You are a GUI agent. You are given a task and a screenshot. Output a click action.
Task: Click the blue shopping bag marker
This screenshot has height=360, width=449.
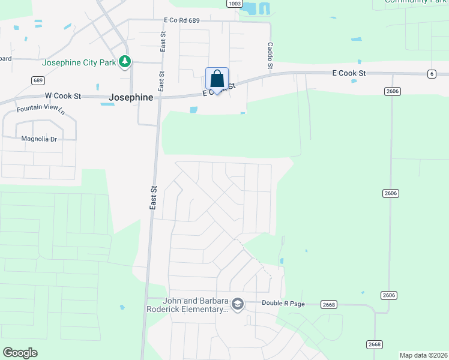click(x=217, y=79)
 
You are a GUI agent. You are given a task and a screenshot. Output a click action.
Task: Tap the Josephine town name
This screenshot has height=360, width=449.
click(x=131, y=97)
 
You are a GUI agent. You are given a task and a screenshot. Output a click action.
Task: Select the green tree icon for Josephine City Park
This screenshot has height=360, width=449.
click(x=125, y=61)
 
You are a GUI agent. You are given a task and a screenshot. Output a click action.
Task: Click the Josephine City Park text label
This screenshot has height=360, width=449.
click(x=79, y=62)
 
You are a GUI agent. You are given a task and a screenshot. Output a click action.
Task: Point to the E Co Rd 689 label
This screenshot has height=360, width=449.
click(x=181, y=20)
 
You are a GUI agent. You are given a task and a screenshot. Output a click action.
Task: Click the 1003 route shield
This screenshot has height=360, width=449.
click(x=235, y=4)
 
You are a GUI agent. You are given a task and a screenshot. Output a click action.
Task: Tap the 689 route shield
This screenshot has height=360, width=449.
click(x=38, y=80)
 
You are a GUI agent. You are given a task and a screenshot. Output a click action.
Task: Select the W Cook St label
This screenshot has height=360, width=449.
click(x=62, y=96)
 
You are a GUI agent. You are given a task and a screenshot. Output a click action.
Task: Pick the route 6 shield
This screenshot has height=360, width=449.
click(x=431, y=74)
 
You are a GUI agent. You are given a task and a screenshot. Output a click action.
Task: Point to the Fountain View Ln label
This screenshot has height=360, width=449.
click(x=40, y=110)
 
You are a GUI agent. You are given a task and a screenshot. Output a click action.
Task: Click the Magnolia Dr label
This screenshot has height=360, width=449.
click(x=38, y=139)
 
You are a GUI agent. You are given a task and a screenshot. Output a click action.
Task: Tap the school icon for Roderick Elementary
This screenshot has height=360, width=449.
click(x=238, y=304)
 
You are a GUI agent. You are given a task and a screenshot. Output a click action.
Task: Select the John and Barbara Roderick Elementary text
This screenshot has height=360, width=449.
click(x=188, y=305)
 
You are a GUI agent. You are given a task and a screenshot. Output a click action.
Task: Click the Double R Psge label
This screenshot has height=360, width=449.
click(x=283, y=304)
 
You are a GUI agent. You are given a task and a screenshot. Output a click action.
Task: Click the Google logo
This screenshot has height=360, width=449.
click(x=20, y=353)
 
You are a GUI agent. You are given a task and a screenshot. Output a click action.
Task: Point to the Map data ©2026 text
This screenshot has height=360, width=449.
click(x=423, y=355)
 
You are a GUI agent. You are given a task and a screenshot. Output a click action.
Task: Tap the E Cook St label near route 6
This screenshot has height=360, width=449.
click(x=349, y=73)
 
